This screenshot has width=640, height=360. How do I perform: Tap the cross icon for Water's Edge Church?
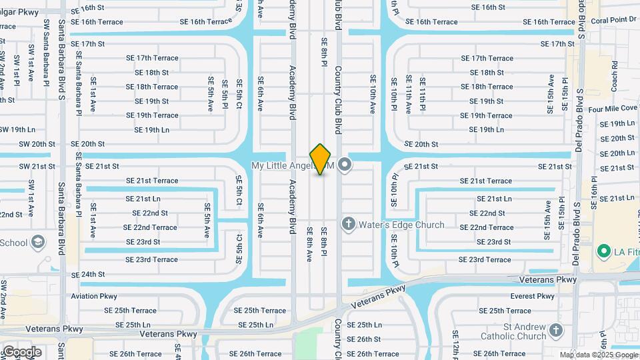point(347,224)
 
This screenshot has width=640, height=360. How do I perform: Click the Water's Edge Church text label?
point(401,225)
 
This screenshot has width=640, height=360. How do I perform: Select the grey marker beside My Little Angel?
point(344,164)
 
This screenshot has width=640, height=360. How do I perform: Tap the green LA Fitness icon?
point(604,251)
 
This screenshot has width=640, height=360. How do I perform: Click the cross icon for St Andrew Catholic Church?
point(555,331)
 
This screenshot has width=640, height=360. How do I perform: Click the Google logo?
point(22,351)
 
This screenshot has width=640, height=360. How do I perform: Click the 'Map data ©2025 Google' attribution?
point(598,355)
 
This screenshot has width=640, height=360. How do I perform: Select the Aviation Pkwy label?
point(95,296)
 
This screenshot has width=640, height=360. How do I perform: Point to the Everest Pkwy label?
point(532,296)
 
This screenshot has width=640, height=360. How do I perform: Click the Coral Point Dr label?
point(613,20)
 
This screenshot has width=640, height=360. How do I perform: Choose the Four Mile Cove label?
point(613,108)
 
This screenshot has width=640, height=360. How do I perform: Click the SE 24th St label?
point(88,274)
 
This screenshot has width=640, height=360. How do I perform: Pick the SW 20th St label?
point(37,144)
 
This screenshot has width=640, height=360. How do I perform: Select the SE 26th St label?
point(364,339)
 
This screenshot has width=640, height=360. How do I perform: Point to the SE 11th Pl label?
point(423,92)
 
